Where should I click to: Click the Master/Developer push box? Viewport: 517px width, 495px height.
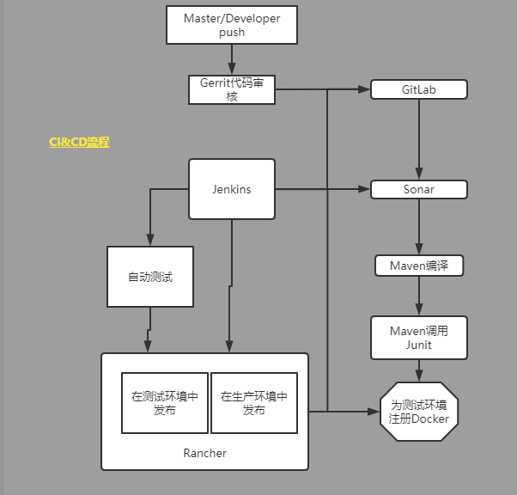[232, 25]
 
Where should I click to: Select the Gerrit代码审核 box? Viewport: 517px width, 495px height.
[232, 89]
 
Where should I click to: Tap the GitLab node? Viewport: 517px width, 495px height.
[419, 89]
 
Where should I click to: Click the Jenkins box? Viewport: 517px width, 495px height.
[232, 189]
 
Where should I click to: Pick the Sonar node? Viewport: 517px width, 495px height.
[419, 189]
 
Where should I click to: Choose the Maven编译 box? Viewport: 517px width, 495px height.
[419, 266]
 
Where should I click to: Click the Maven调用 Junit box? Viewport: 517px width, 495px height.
[419, 338]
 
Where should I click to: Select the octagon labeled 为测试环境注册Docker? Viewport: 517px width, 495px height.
[419, 412]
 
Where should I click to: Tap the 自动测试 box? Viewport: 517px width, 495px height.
[150, 277]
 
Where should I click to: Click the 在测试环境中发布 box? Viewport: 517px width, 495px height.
[165, 403]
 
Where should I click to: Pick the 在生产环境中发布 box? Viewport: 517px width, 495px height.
[254, 403]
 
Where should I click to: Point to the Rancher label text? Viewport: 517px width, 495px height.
[204, 453]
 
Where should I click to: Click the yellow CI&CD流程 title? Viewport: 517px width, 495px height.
[79, 143]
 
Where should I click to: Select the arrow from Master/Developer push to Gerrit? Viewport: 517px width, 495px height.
[232, 59]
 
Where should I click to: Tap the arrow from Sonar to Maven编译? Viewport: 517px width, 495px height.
[419, 227]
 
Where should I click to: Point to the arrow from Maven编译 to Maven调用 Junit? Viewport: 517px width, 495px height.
[419, 296]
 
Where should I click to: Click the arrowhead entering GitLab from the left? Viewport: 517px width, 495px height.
[364, 89]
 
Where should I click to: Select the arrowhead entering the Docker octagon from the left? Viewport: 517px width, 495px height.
[374, 412]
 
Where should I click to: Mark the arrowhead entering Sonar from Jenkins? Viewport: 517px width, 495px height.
[364, 189]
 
